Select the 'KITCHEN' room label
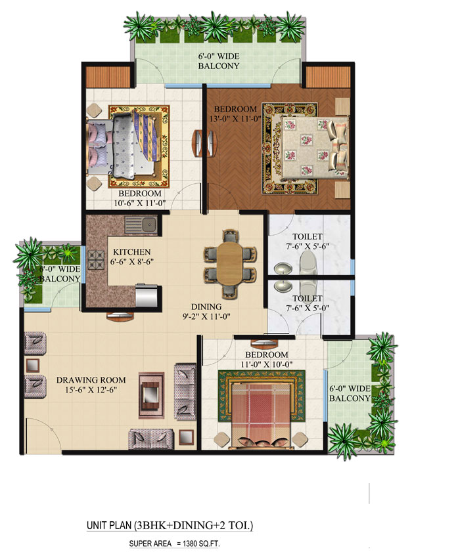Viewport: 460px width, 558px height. [132, 252]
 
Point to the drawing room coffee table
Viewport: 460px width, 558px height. [152, 395]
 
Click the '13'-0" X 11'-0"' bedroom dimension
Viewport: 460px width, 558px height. [235, 119]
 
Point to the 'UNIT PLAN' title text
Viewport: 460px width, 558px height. [109, 526]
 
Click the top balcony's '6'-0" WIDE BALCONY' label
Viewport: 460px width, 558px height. [219, 61]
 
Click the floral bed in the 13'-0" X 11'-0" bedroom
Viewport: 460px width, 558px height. [306, 145]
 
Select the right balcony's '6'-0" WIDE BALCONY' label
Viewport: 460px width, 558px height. [350, 393]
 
